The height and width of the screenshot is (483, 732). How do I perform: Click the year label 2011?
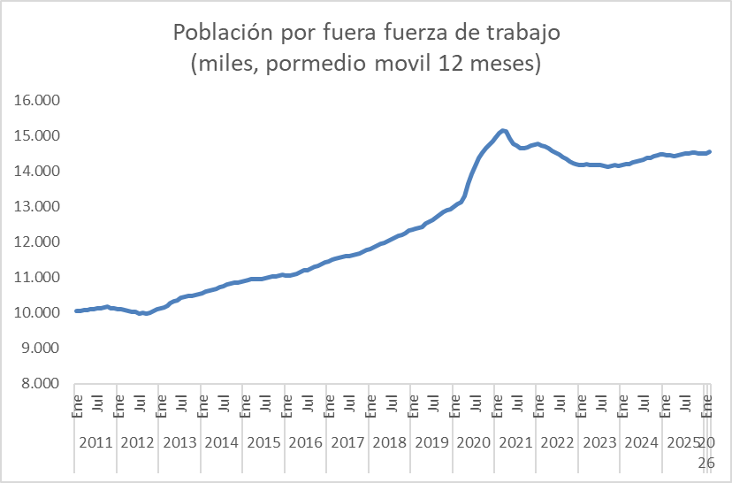(x=95, y=442)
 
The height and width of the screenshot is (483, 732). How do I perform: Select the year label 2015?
(x=263, y=442)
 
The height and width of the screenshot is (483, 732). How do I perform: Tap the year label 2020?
(x=475, y=442)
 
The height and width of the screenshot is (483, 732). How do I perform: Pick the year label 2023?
(x=601, y=442)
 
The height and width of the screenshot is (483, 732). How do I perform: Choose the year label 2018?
(x=390, y=442)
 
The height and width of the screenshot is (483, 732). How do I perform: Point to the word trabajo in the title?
(x=523, y=33)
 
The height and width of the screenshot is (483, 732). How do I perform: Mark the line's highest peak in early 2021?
(x=502, y=131)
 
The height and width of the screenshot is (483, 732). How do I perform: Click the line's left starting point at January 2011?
(x=76, y=310)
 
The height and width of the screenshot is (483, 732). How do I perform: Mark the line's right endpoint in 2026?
(x=709, y=151)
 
